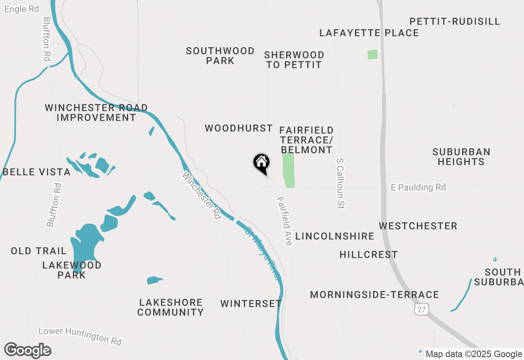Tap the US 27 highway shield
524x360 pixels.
click(x=422, y=309)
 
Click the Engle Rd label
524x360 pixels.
click(x=21, y=9)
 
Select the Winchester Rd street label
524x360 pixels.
click(x=201, y=195)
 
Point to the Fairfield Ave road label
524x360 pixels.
click(x=284, y=221)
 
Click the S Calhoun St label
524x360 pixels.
click(x=339, y=183)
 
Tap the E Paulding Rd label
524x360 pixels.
click(x=418, y=187)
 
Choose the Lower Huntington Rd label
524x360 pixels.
click(x=80, y=336)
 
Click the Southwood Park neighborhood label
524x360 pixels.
click(x=220, y=56)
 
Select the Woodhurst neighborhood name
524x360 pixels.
click(x=239, y=128)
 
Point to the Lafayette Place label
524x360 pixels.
click(x=369, y=33)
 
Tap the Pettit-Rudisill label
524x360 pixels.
click(x=454, y=21)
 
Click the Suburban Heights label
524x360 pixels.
click(x=461, y=157)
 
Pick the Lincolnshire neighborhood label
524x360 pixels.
click(x=334, y=236)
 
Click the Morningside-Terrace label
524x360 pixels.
click(x=374, y=295)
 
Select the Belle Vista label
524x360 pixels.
click(x=37, y=172)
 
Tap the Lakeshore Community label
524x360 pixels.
click(x=170, y=307)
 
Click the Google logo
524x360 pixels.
click(x=27, y=350)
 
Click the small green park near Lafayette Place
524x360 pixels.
click(x=373, y=54)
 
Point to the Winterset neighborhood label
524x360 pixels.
click(x=251, y=304)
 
